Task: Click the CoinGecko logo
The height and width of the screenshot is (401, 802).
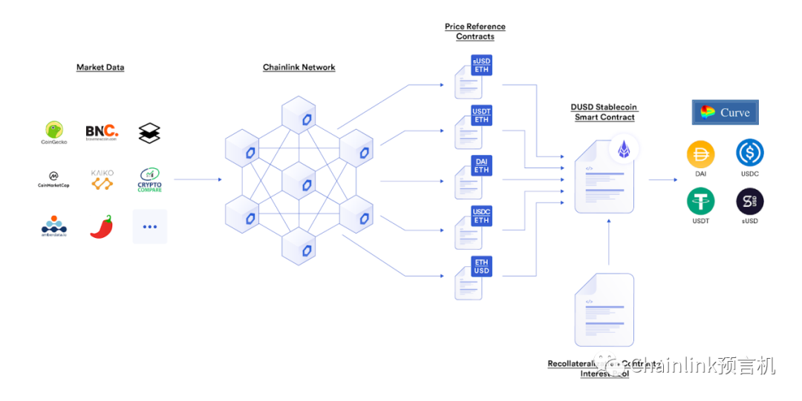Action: tap(53, 132)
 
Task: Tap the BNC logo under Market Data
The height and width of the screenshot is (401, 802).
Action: tap(102, 132)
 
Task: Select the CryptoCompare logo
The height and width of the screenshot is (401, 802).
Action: tap(149, 179)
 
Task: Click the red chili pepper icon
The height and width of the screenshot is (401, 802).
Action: tap(102, 226)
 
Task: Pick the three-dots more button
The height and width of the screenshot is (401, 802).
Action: tap(149, 226)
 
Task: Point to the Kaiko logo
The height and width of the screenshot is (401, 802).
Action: tap(102, 179)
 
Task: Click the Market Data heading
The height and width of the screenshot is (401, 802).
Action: tap(100, 67)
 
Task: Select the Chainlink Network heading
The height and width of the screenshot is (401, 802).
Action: tap(299, 67)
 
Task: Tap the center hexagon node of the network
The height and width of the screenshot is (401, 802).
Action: tap(299, 180)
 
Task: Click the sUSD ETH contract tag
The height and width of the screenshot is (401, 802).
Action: tap(482, 65)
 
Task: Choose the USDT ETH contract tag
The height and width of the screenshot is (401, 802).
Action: tap(482, 116)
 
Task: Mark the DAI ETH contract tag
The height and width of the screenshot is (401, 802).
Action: tap(482, 165)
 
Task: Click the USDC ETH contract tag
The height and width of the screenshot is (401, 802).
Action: tap(482, 216)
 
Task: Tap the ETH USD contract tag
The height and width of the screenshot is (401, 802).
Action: tap(482, 266)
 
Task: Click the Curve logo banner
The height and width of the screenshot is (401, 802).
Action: tap(725, 113)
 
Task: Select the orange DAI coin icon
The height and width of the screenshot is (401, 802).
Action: tap(701, 154)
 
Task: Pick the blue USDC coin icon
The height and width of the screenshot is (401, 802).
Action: tap(749, 154)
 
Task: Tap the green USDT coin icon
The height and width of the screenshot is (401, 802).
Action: tap(701, 202)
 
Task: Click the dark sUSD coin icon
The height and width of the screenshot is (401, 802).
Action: tap(749, 202)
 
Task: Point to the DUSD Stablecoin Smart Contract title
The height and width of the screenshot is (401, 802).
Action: tap(604, 112)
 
